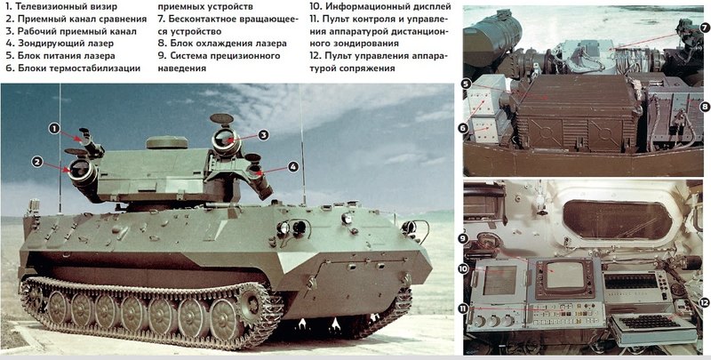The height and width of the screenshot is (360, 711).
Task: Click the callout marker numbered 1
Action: (54, 129)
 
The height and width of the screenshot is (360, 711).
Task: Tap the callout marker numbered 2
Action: (36, 162)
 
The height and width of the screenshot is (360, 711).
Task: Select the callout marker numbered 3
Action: (263, 134)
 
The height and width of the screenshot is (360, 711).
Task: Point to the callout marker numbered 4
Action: (293, 167)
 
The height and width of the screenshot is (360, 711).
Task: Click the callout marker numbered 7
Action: (704, 28)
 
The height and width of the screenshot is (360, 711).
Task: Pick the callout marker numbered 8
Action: (704, 107)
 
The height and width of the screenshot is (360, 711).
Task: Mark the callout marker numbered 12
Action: (704, 302)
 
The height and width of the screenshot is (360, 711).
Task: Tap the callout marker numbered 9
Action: (463, 238)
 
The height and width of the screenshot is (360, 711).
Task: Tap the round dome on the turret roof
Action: (167, 142)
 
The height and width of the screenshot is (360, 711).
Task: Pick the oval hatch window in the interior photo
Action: (617, 220)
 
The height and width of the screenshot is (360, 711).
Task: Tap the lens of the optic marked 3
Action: (225, 140)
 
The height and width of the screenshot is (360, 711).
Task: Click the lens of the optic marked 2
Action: (80, 170)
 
